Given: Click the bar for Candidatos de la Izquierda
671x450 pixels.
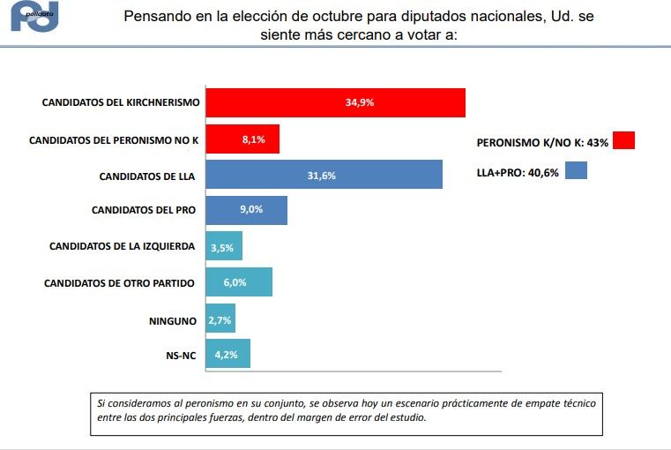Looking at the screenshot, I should click(224, 247).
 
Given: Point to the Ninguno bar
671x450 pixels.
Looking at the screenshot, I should click(220, 319).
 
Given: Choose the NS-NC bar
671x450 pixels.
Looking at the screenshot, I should click(228, 354).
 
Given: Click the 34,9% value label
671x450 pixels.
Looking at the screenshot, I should click(360, 102).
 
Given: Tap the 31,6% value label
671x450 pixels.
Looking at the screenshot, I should click(321, 176).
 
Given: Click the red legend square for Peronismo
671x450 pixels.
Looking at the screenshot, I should click(623, 140).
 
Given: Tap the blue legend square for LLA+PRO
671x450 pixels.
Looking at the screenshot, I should click(576, 170).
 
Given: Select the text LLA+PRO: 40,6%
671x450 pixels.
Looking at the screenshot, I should click(518, 173).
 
